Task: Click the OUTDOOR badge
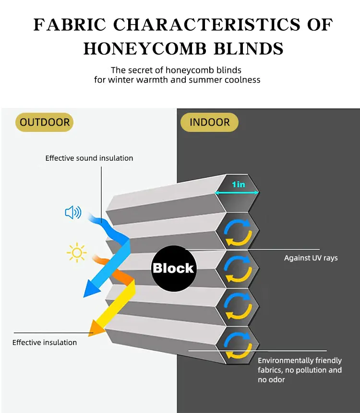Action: click(x=45, y=122)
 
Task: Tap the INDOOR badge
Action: click(x=209, y=122)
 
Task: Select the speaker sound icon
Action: click(x=73, y=212)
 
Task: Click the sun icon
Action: click(x=77, y=252)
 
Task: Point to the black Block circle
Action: click(x=173, y=268)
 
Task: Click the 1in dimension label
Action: click(x=239, y=184)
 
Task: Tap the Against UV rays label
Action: click(x=311, y=258)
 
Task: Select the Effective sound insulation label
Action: click(x=89, y=158)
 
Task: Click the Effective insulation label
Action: click(x=45, y=342)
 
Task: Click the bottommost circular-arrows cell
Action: click(x=238, y=345)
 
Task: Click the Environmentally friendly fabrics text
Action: click(x=300, y=370)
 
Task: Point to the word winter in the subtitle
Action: click(x=120, y=80)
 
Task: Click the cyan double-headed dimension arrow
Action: click(x=238, y=193)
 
